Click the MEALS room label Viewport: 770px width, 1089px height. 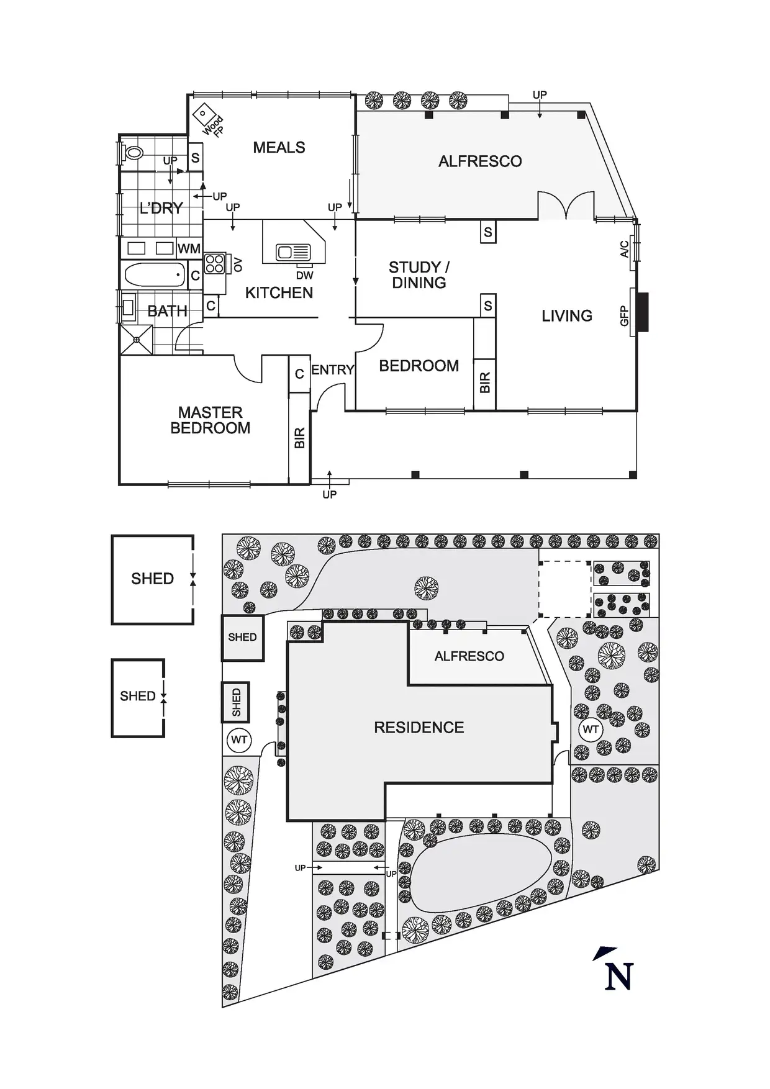[279, 148]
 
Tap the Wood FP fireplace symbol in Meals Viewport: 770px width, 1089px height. [202, 114]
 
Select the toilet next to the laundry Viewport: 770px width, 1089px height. [134, 152]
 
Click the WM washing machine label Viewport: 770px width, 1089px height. [189, 249]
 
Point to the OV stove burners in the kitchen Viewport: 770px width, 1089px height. [214, 264]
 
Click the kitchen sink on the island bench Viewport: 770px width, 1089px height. [293, 253]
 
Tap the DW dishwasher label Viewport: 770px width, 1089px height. [304, 275]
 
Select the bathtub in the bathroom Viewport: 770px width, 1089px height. [155, 274]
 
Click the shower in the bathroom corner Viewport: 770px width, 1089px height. [136, 339]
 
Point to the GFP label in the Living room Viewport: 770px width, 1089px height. [625, 316]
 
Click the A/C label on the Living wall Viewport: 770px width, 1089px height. [625, 250]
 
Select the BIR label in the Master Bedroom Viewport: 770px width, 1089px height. [299, 438]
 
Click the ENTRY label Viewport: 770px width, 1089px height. [332, 370]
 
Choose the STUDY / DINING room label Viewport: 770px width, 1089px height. [419, 275]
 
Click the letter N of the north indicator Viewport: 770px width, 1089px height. [618, 976]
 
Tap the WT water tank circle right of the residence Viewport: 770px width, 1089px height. [590, 730]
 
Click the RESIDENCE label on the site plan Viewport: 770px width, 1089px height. [419, 728]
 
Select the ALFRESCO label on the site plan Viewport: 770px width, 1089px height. [469, 656]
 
